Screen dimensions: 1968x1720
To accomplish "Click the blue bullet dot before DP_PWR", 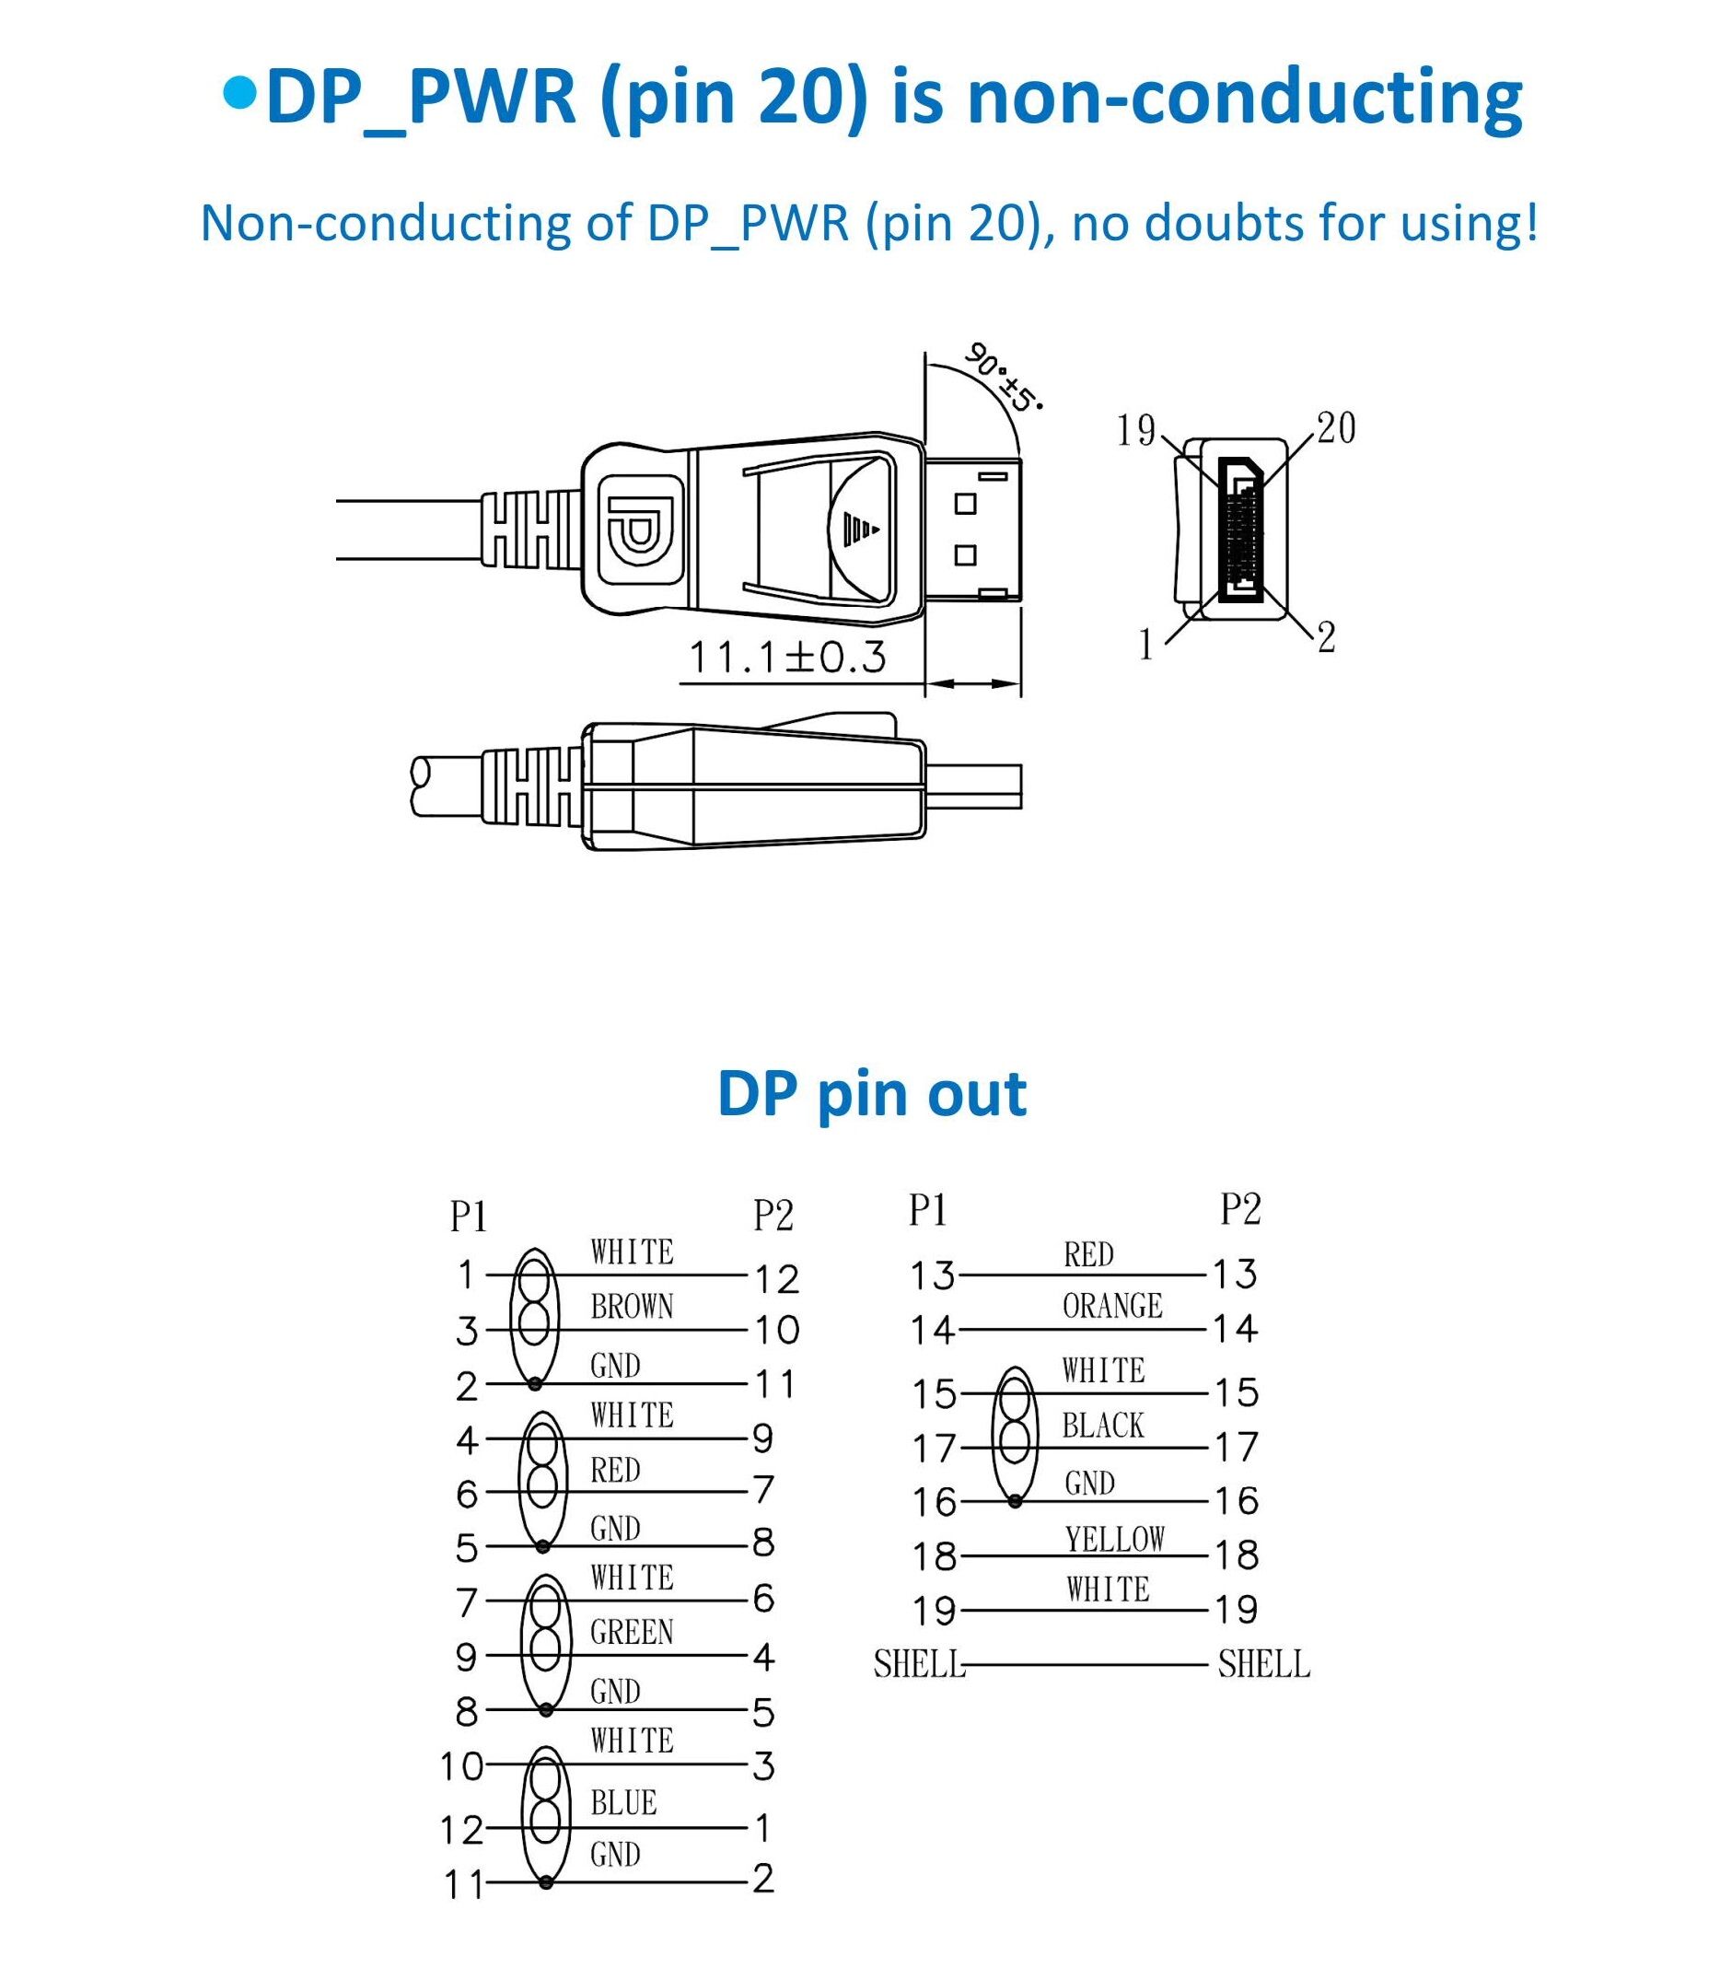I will pyautogui.click(x=240, y=93).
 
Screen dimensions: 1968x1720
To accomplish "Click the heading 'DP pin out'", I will pyautogui.click(x=872, y=1093).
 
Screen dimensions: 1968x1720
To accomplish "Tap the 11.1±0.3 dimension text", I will pyautogui.click(x=788, y=658).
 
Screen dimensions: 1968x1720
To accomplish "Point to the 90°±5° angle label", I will pyautogui.click(x=1003, y=377).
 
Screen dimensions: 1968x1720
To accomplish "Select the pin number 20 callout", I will pyautogui.click(x=1335, y=428).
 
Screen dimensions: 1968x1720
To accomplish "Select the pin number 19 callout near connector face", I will pyautogui.click(x=1136, y=430).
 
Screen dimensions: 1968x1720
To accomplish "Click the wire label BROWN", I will pyautogui.click(x=632, y=1307).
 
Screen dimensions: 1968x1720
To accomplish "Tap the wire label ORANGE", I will pyautogui.click(x=1112, y=1306).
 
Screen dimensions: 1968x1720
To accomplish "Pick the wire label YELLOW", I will pyautogui.click(x=1114, y=1540).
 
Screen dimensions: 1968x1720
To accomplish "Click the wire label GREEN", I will pyautogui.click(x=632, y=1632).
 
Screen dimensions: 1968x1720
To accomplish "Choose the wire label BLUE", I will pyautogui.click(x=624, y=1803).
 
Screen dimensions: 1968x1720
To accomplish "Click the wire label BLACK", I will pyautogui.click(x=1103, y=1426).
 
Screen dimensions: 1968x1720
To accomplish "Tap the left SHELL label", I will pyautogui.click(x=919, y=1665).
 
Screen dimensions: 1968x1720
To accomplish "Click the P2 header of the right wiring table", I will pyautogui.click(x=1240, y=1209).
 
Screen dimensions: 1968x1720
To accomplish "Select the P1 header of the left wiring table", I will pyautogui.click(x=469, y=1217).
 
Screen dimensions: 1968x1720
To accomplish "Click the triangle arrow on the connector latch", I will pyautogui.click(x=861, y=528).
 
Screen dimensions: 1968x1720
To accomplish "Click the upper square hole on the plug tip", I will pyautogui.click(x=966, y=504).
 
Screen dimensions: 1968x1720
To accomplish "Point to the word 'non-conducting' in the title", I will pyautogui.click(x=1245, y=98).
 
